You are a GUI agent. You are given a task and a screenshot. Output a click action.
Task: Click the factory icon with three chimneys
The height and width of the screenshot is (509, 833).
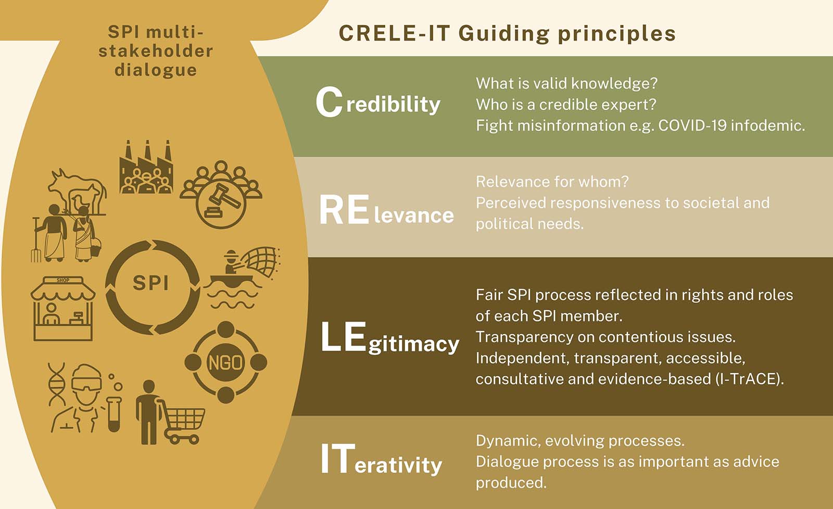[146, 167]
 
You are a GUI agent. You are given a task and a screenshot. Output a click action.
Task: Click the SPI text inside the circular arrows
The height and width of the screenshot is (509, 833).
[150, 283]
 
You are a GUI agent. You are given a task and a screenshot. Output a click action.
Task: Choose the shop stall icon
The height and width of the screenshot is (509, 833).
[63, 308]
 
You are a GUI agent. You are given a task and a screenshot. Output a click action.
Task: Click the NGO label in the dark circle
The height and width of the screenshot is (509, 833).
[225, 363]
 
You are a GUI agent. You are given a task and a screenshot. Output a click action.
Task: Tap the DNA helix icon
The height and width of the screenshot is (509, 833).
[57, 385]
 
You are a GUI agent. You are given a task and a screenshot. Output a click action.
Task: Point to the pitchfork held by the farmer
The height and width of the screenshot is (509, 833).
[36, 240]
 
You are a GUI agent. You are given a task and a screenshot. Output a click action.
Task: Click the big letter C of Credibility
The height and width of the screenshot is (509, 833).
[329, 102]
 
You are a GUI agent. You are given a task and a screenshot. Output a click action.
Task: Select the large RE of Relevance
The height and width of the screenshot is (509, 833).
[344, 210]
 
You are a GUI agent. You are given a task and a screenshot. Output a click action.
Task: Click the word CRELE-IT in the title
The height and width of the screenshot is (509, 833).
[395, 33]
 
